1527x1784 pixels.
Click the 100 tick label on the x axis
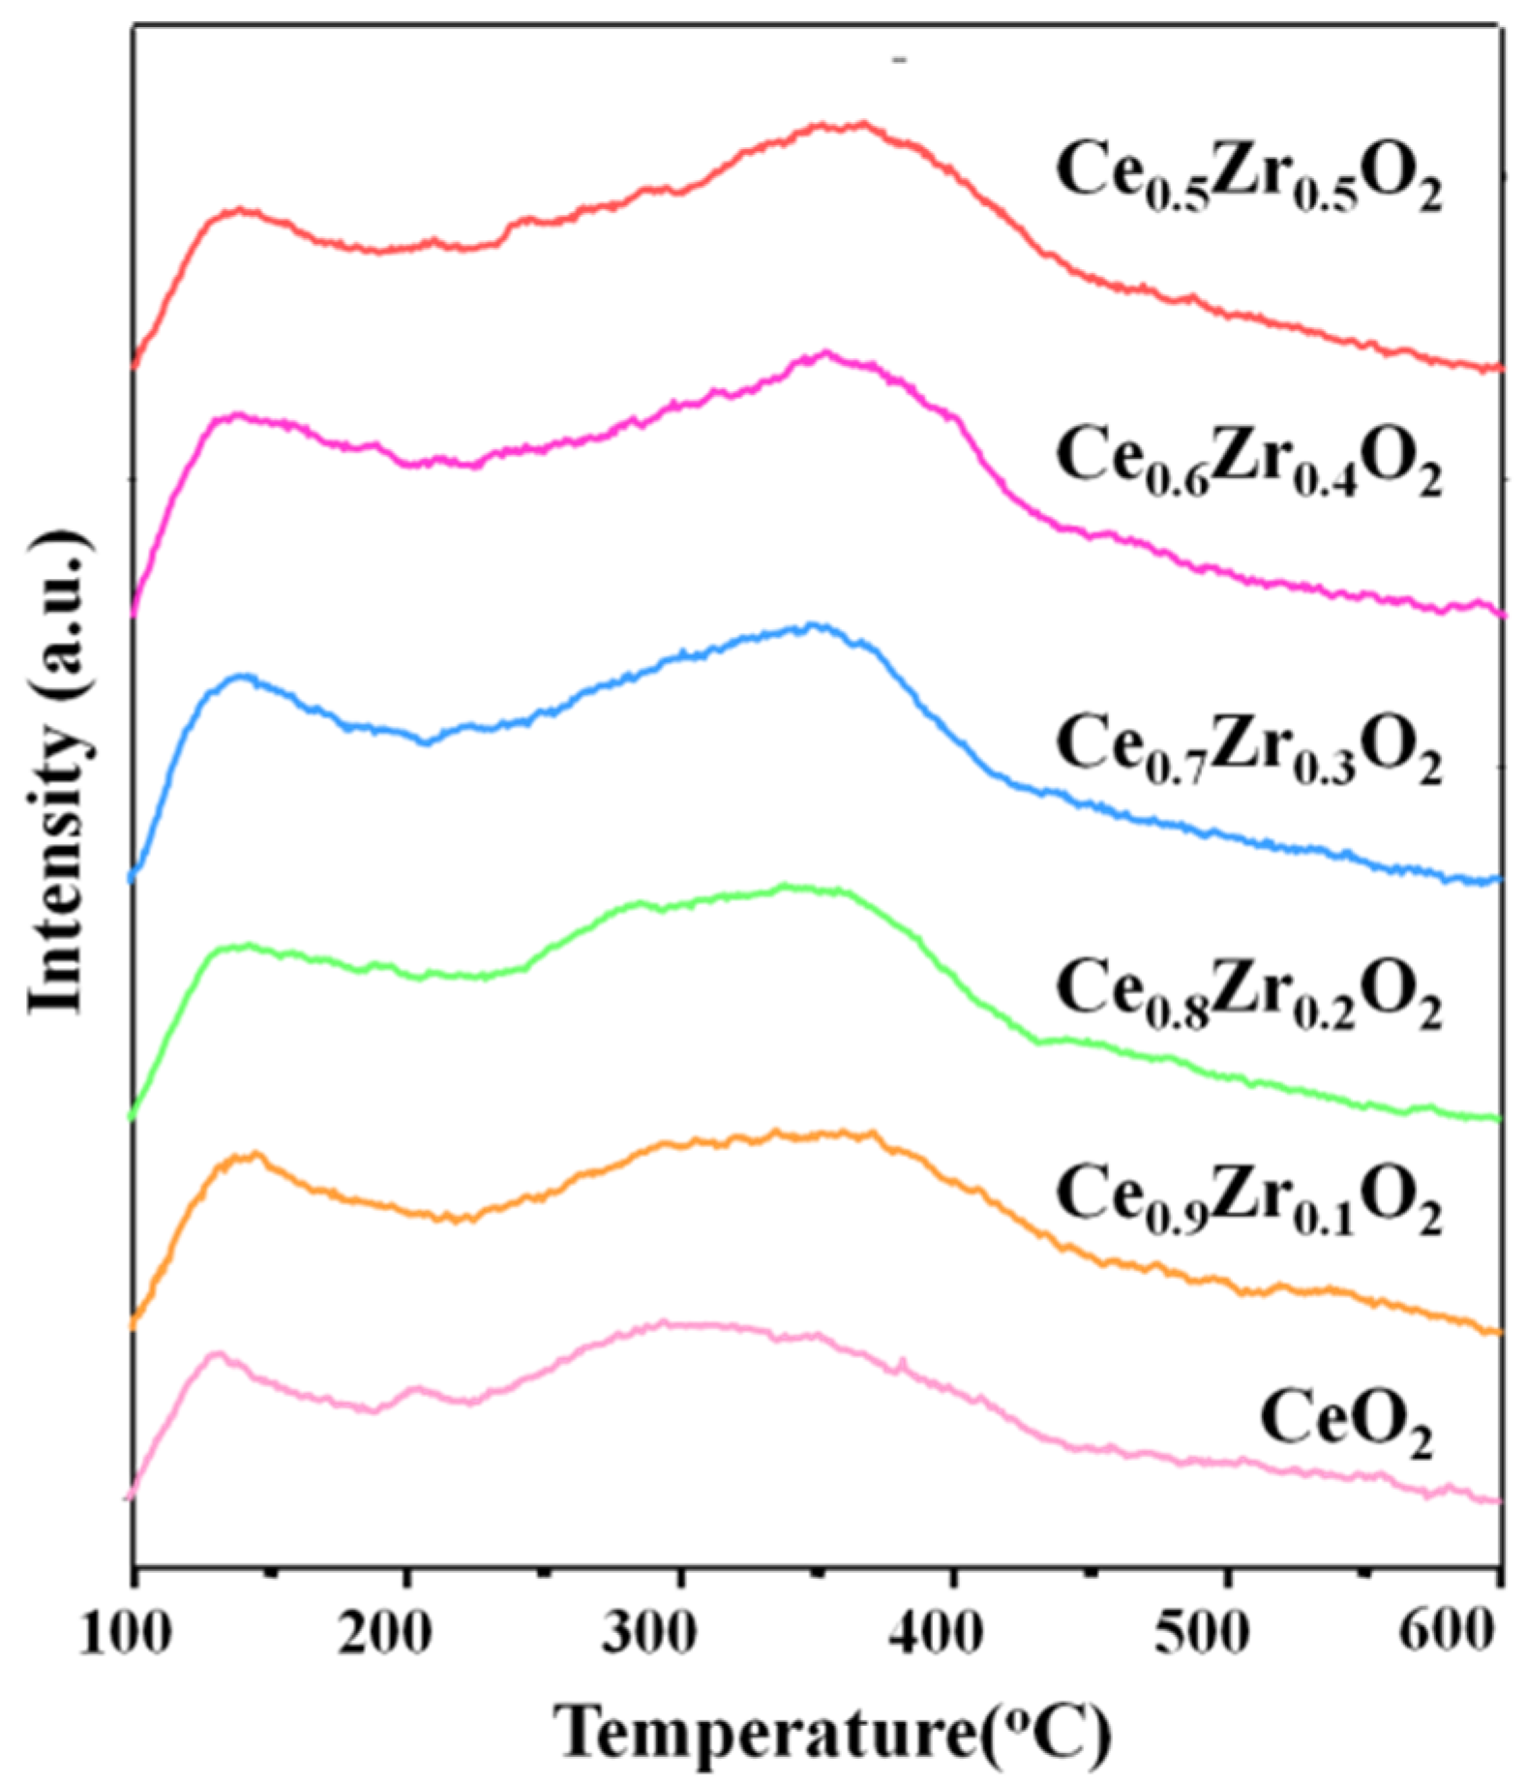[126, 1634]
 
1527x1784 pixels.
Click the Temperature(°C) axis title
[834, 1730]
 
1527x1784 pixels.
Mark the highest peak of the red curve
[842, 124]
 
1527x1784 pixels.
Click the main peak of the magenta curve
[825, 353]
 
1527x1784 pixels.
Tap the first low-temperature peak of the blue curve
[238, 677]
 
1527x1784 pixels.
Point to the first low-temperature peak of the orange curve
[254, 1154]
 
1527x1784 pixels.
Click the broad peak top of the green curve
[786, 886]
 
